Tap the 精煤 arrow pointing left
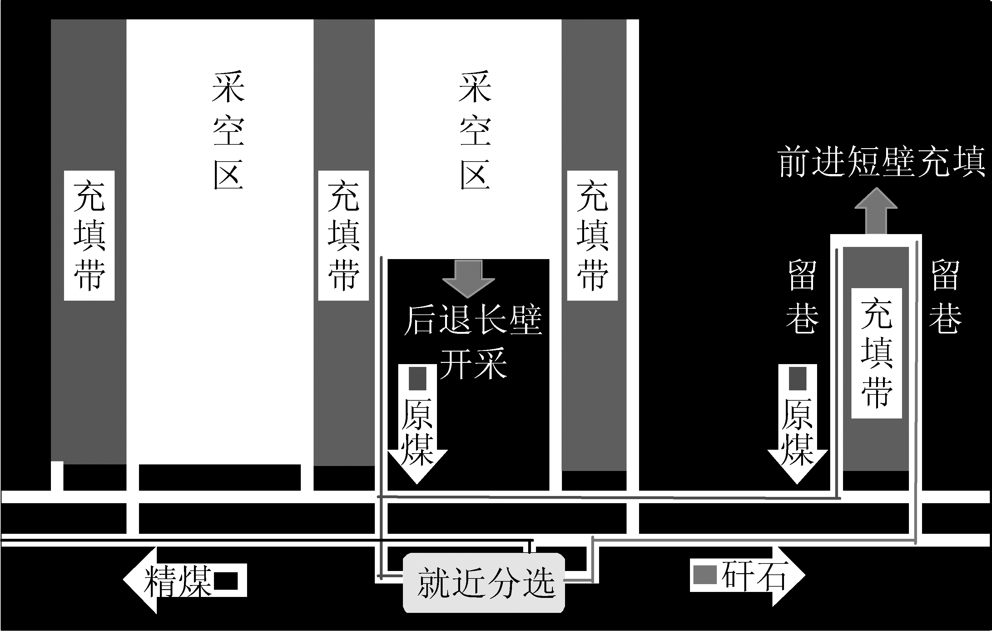click(x=186, y=580)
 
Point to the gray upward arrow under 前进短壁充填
click(x=876, y=212)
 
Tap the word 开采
click(x=473, y=363)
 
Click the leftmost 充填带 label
click(x=89, y=235)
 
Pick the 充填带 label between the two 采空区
click(x=343, y=235)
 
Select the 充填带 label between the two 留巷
click(x=876, y=353)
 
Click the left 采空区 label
click(x=228, y=131)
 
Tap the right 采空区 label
click(x=475, y=131)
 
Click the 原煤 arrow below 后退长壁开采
click(x=417, y=424)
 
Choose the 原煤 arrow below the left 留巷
click(x=797, y=424)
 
